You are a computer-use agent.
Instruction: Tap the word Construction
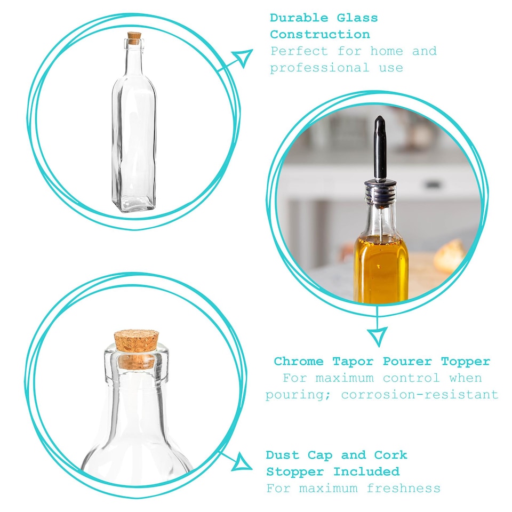(x=319, y=35)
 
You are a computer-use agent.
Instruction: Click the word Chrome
(x=298, y=362)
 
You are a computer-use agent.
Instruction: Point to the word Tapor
(x=353, y=362)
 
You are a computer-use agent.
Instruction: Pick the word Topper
(x=465, y=362)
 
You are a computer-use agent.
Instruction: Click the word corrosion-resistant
(x=419, y=395)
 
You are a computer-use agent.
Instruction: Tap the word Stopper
(x=295, y=472)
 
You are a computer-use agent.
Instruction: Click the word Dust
(x=282, y=455)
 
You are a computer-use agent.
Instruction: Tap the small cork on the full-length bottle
(x=134, y=38)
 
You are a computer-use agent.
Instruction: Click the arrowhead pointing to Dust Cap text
(x=243, y=461)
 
